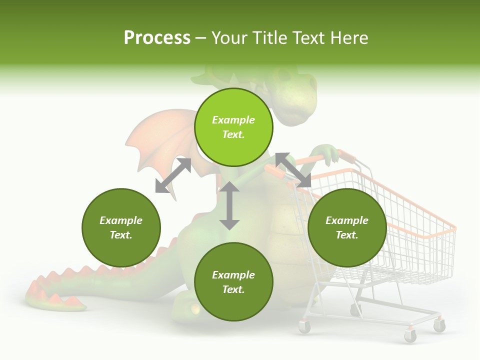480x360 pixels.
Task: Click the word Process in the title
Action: (157, 38)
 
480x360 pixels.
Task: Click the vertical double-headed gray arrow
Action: (229, 205)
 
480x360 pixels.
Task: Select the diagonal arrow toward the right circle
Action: (293, 170)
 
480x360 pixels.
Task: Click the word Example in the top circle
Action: (233, 120)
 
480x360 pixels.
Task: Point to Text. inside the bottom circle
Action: (233, 289)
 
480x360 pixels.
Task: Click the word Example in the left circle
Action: (121, 220)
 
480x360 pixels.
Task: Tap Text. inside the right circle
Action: (347, 235)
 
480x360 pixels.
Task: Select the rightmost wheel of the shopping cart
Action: (439, 325)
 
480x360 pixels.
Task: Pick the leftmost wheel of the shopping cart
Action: (304, 327)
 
